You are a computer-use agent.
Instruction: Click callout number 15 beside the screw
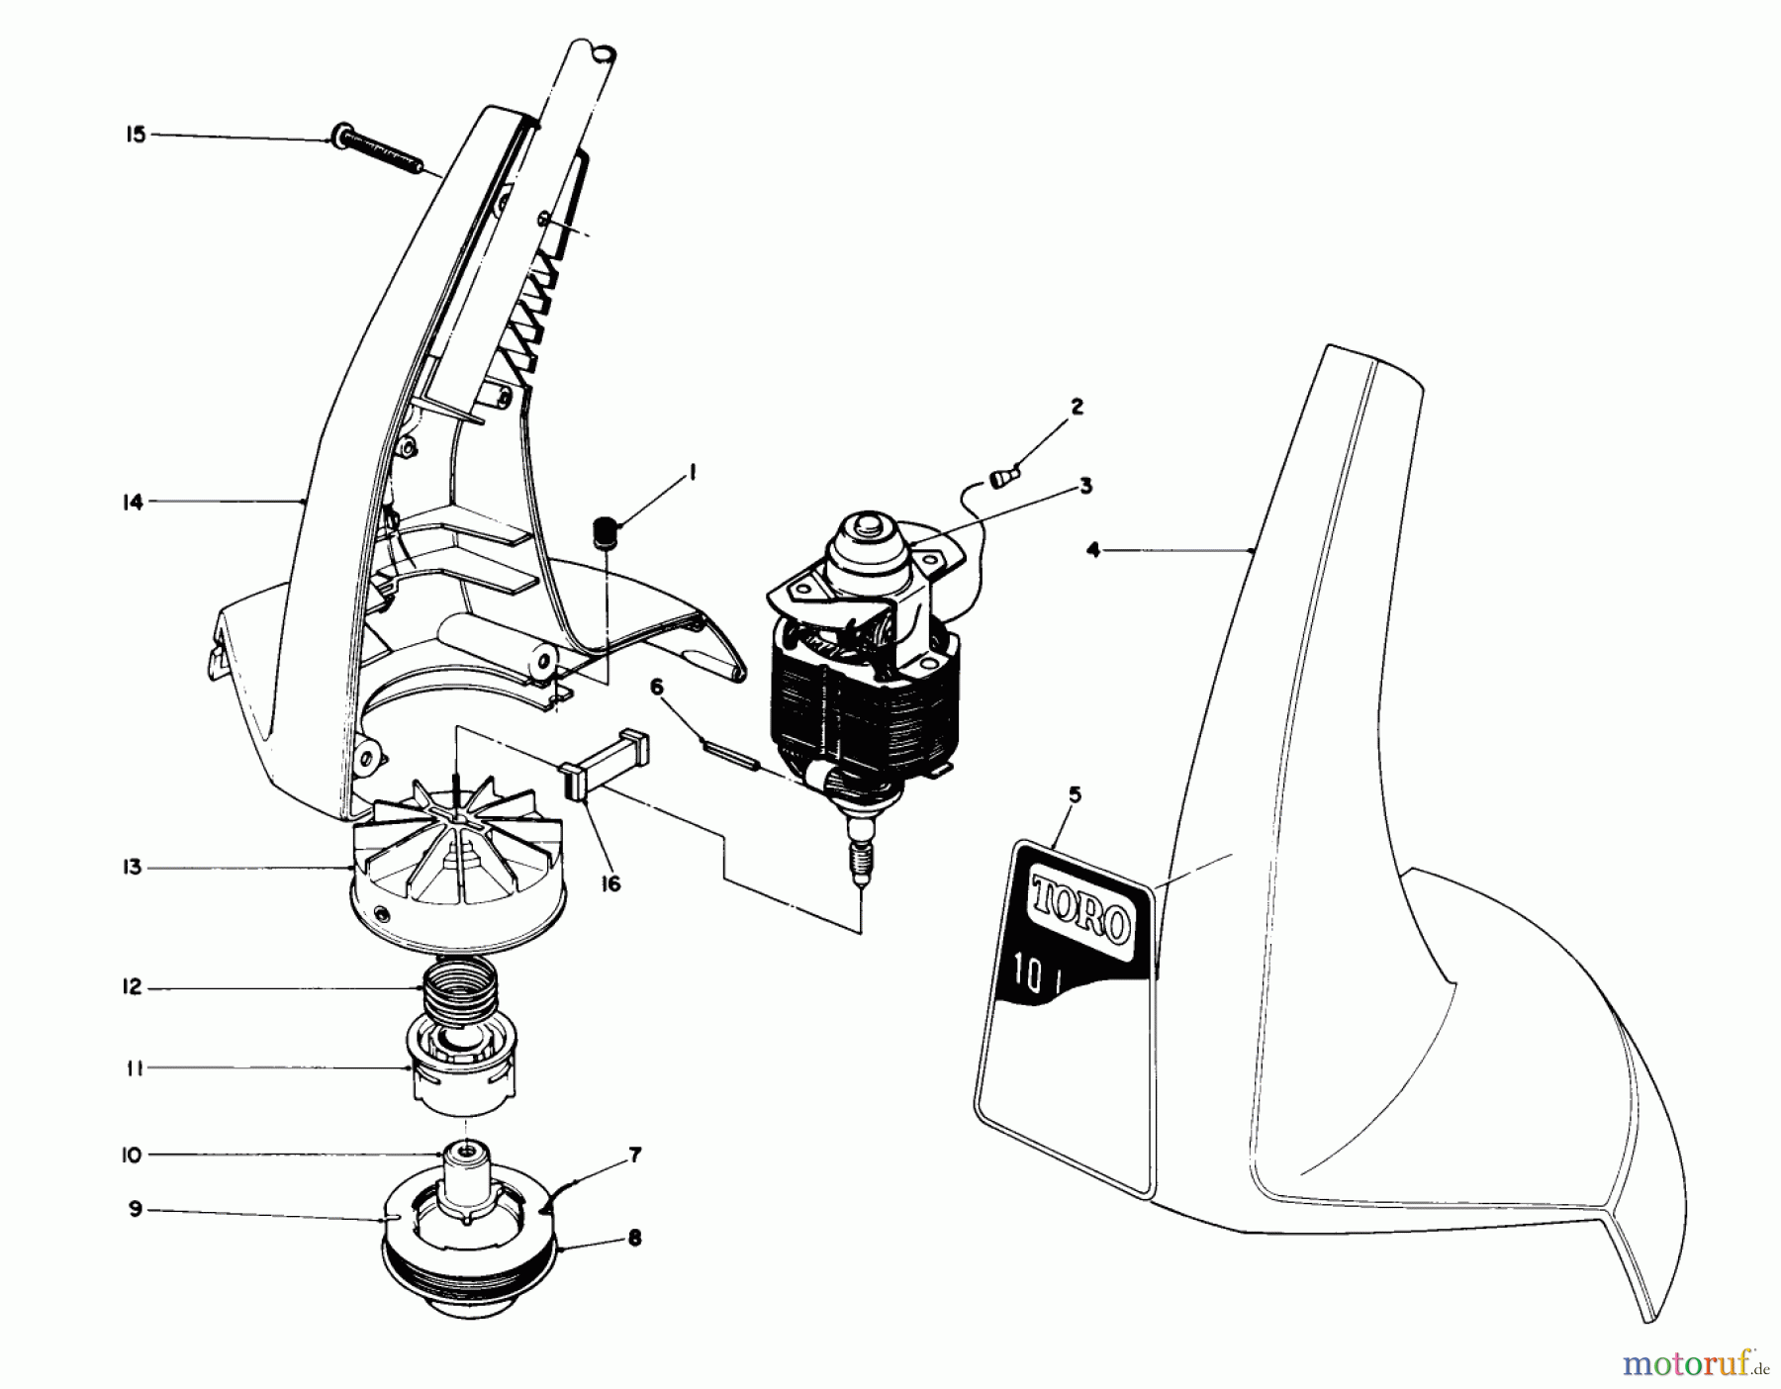point(135,134)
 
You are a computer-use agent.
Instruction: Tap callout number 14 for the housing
point(133,502)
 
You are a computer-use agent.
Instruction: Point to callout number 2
point(1077,407)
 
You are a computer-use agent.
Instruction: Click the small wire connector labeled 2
point(1002,478)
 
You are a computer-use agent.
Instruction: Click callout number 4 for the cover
point(1092,550)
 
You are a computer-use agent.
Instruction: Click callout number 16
point(610,883)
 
